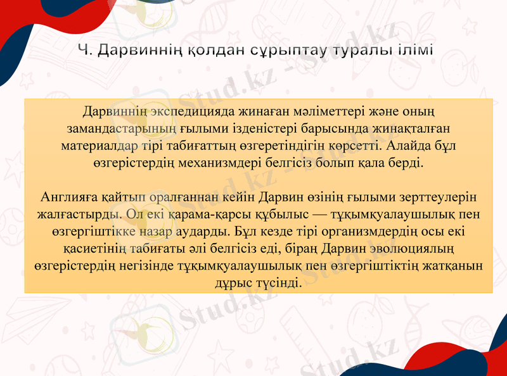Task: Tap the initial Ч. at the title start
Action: point(83,50)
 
